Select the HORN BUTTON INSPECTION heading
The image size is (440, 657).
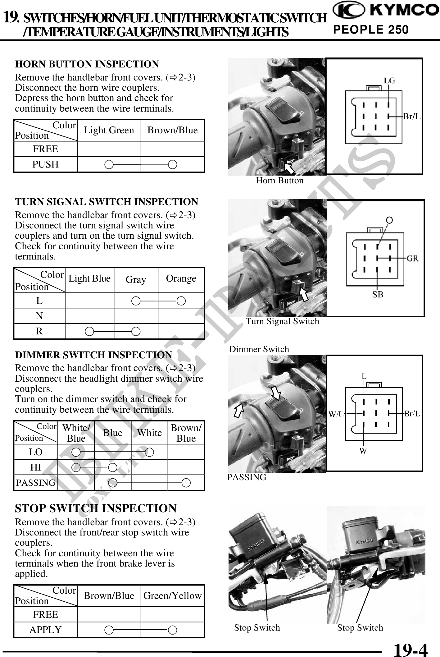pos(87,64)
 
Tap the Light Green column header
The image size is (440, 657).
pos(109,130)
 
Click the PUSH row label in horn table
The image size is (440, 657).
pos(45,164)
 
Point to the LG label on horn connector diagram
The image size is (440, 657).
pos(389,81)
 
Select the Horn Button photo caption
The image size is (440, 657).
pos(279,181)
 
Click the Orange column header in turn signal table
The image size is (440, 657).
pos(181,278)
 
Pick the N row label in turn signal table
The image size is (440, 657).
pos(39,316)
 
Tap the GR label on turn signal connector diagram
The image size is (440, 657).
pos(412,258)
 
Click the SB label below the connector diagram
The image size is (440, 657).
pos(378,295)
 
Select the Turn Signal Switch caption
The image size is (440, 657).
pos(282,321)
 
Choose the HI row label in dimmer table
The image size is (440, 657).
pos(35,467)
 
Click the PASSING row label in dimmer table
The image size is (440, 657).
pos(35,483)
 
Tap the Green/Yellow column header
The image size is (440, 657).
pos(172,596)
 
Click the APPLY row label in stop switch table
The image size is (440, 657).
pos(45,630)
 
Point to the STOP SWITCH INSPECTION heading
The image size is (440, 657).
pos(96,508)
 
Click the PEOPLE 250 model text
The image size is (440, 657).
pos(371,30)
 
